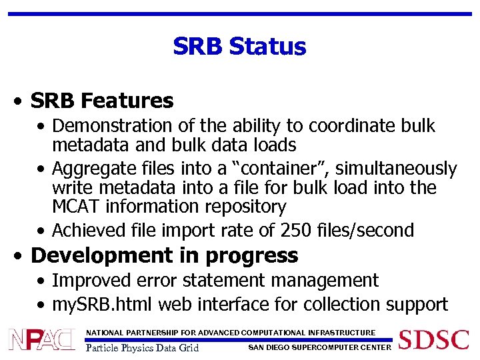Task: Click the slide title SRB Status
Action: point(239,47)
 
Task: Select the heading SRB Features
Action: point(102,101)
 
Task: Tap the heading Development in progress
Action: point(165,255)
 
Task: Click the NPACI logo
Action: point(41,340)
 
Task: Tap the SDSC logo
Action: point(434,339)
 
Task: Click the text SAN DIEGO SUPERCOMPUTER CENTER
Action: point(319,347)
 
